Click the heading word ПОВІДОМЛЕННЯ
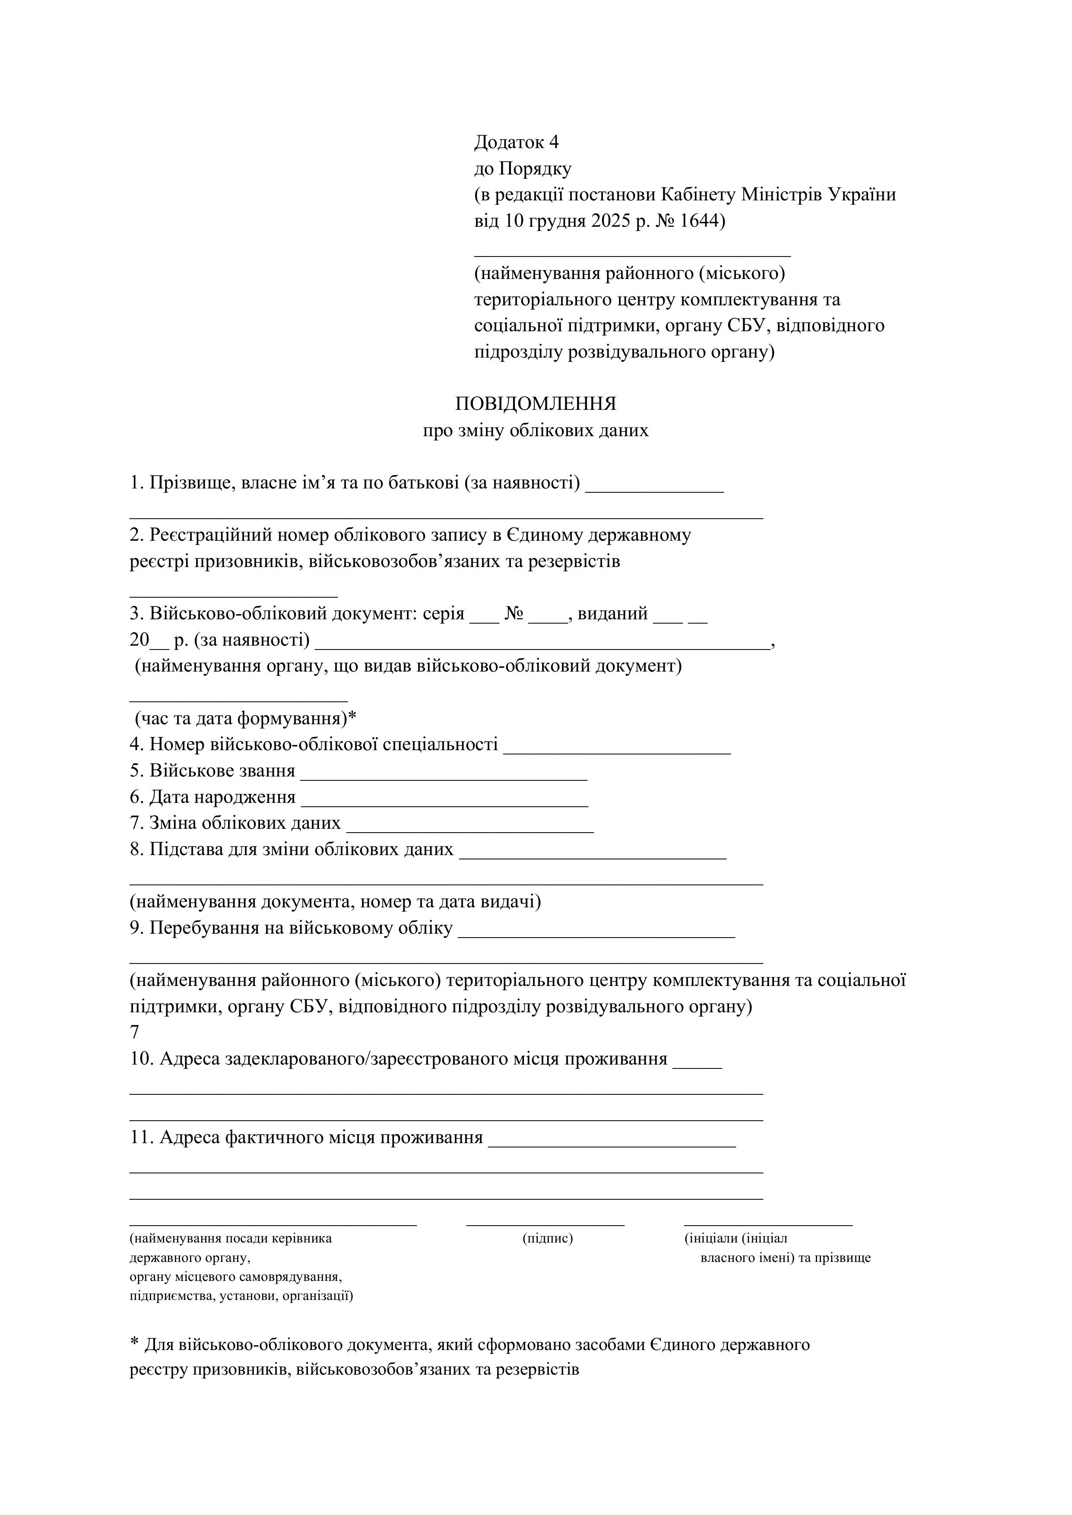coord(535,404)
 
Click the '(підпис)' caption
coord(547,1239)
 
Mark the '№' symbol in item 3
coord(514,614)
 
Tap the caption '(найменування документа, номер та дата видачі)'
coord(335,901)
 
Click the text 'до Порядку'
coord(523,169)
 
